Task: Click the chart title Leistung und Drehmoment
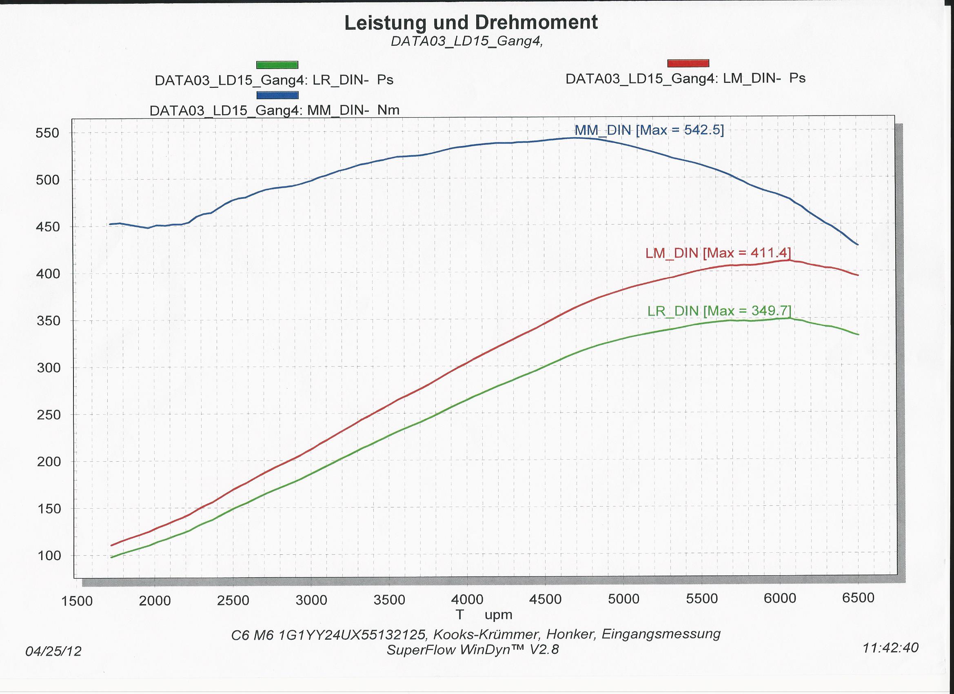471,23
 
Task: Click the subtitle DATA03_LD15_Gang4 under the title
466,41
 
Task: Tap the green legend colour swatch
277,65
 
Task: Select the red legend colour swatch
688,64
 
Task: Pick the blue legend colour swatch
277,95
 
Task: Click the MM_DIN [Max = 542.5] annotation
649,130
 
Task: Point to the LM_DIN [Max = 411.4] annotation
718,253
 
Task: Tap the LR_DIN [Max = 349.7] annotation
719,311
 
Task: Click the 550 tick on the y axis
47,133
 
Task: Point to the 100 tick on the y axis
49,556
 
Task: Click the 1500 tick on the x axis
77,601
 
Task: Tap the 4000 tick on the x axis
467,599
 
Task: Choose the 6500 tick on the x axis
858,598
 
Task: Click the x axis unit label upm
498,615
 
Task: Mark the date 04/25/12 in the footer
53,652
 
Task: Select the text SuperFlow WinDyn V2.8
473,650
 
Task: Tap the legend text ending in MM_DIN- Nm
274,110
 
